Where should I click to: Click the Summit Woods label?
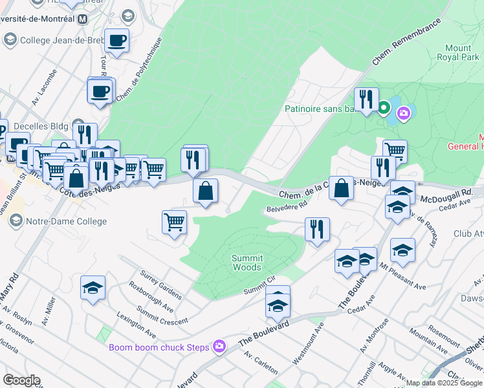pos(247,263)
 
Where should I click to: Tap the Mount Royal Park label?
pos(458,52)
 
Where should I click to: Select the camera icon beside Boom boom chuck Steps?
pos(219,347)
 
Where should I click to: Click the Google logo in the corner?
pos(21,380)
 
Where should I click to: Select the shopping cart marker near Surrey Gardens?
pos(175,223)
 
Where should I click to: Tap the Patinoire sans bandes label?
pos(320,109)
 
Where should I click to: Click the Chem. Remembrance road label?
pos(406,41)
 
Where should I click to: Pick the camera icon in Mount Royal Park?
pos(404,114)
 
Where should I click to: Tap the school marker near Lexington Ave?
pos(93,288)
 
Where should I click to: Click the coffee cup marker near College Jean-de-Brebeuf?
pos(116,41)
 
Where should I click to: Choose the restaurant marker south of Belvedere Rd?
pos(317,230)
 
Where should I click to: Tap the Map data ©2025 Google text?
pos(445,383)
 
